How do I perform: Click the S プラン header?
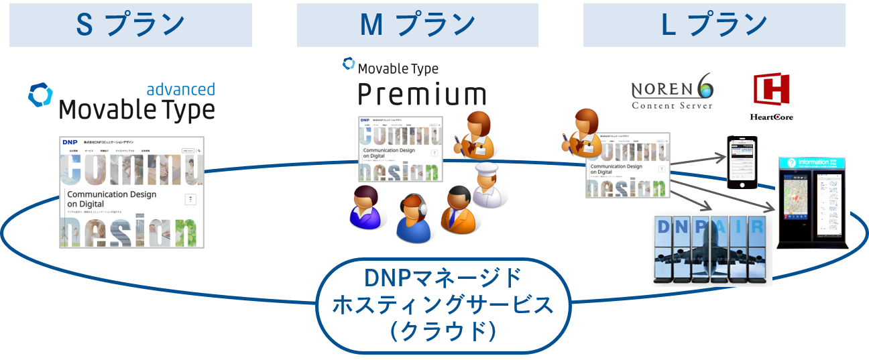[131, 25]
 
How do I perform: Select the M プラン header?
[417, 25]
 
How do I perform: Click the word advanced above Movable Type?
[180, 90]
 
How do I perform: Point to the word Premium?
[420, 95]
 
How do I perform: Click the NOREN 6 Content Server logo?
[673, 91]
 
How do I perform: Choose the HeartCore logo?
[771, 98]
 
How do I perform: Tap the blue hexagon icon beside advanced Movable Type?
[40, 96]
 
